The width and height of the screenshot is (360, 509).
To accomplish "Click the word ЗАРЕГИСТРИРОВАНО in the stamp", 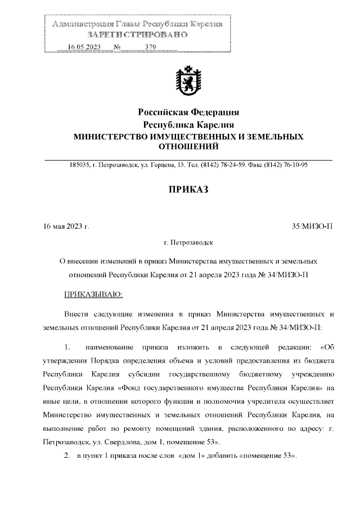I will coord(137,35).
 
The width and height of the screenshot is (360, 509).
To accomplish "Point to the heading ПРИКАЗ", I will coord(189,190).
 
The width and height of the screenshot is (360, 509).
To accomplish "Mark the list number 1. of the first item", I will coord(66,345).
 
